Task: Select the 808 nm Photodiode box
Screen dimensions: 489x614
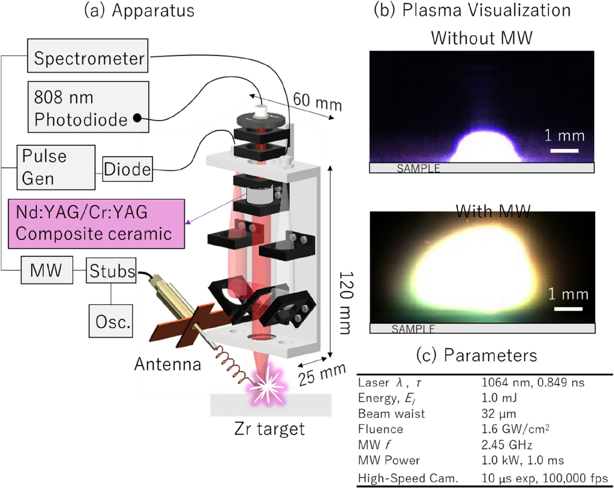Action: [88, 107]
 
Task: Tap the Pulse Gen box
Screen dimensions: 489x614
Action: [56, 167]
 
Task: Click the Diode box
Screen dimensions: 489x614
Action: [127, 169]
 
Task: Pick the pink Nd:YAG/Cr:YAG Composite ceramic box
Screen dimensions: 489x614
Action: [96, 224]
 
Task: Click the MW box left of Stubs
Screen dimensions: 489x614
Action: [47, 270]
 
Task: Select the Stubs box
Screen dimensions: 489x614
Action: [112, 271]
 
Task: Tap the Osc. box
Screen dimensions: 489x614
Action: [111, 321]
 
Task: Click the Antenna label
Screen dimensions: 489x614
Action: [167, 364]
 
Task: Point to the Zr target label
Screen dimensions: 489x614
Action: [269, 429]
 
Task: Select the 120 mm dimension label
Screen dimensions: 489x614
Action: [345, 302]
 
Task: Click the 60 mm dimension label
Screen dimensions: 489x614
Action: [317, 102]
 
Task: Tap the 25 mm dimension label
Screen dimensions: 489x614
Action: [322, 374]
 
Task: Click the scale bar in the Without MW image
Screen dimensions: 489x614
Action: [564, 151]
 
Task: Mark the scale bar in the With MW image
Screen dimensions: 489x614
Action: [568, 309]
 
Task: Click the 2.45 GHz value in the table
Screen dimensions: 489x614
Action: [506, 445]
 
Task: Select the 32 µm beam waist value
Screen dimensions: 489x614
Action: [498, 413]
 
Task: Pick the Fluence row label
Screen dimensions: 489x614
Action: [380, 429]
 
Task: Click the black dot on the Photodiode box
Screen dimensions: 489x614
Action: [137, 118]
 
